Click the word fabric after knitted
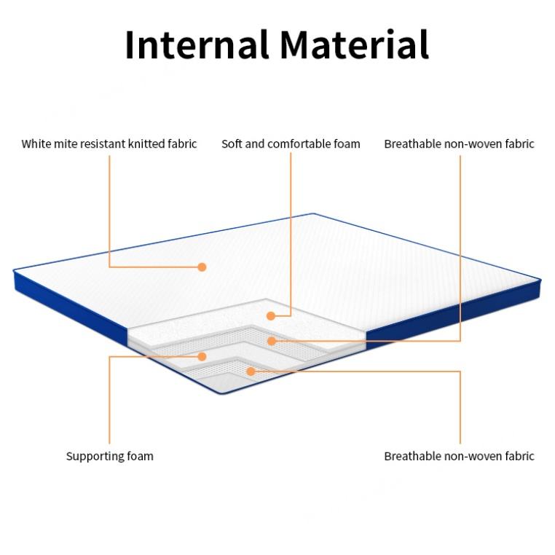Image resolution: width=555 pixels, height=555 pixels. click(x=181, y=143)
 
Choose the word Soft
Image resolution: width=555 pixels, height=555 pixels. click(x=232, y=143)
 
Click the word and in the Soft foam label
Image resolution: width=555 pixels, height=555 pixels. click(x=255, y=143)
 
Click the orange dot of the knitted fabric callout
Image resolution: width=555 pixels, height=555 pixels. click(x=202, y=267)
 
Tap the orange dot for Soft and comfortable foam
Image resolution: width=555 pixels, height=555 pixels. click(x=270, y=315)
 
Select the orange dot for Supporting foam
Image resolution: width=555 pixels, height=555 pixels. click(x=202, y=356)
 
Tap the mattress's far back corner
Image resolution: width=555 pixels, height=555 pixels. click(x=314, y=214)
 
